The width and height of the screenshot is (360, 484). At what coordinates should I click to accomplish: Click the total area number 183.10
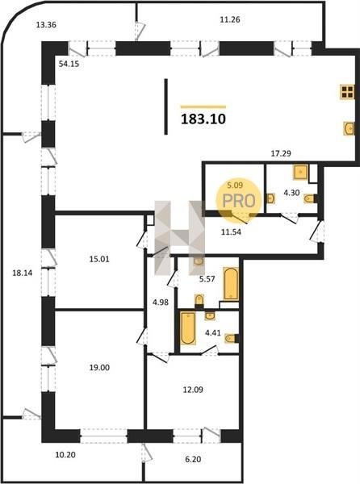203,119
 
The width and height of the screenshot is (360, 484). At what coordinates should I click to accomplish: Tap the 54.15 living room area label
69,64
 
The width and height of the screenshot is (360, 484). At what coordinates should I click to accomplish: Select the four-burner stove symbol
347,92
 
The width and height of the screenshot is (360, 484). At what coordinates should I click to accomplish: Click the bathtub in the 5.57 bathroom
231,284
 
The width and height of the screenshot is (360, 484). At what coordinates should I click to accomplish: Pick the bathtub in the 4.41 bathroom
188,328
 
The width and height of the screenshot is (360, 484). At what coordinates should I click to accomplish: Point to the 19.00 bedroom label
99,368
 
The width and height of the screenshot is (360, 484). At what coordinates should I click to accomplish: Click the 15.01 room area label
99,259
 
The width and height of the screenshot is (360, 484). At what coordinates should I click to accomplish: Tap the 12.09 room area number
193,390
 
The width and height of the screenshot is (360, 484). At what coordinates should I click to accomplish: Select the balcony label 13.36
46,25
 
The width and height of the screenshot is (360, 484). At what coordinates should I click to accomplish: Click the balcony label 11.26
230,19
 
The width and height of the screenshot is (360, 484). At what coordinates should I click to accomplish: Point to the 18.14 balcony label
23,273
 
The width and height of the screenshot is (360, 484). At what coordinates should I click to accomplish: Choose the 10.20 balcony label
65,454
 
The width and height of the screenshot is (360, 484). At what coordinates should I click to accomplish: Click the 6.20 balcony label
193,459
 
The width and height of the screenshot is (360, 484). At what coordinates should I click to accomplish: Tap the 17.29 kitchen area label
281,153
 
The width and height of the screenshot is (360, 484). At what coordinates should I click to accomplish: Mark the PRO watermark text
239,201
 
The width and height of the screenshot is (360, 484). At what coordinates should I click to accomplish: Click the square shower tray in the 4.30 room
300,172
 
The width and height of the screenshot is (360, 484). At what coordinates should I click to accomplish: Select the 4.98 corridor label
161,302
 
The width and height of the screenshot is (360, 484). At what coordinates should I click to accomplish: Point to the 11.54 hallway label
231,232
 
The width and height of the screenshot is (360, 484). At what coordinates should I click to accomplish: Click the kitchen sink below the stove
349,128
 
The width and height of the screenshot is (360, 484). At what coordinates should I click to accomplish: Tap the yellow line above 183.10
203,106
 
